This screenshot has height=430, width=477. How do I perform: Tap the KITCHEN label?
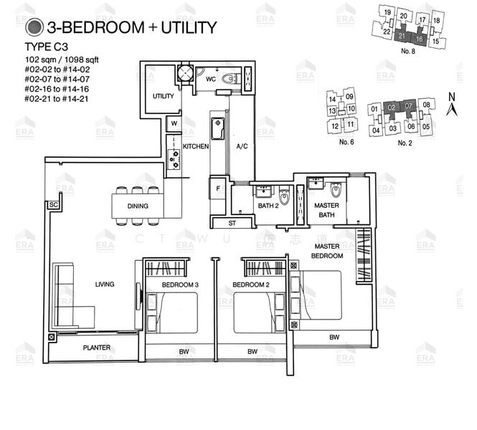tap(195, 146)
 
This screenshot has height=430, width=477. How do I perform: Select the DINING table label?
tap(138, 206)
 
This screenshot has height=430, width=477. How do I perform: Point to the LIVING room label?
tap(105, 285)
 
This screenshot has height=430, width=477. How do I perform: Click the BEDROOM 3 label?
tap(180, 285)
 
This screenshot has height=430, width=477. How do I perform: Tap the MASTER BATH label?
tap(326, 210)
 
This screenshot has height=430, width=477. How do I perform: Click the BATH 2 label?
tap(268, 206)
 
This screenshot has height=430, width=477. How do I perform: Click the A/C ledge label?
tap(242, 146)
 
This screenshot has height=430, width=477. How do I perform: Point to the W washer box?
tap(174, 124)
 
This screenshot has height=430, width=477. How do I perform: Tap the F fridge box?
tap(218, 190)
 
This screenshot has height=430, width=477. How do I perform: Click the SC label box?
tap(52, 205)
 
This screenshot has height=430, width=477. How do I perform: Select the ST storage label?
tap(232, 223)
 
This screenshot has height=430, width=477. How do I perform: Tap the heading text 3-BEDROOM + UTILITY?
tap(131, 29)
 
